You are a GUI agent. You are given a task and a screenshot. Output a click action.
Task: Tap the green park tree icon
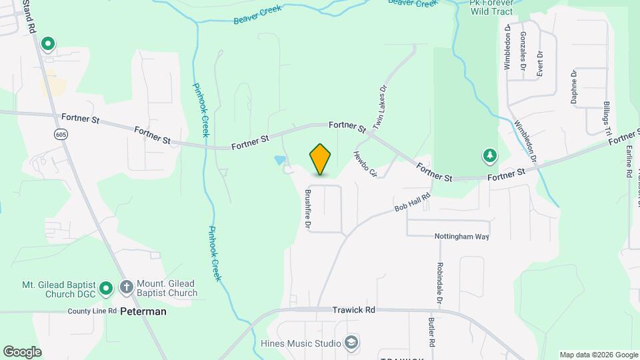click(490, 155)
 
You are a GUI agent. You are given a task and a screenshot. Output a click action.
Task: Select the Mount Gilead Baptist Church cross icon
click(126, 287)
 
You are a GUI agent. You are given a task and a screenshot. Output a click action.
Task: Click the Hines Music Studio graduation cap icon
click(351, 343)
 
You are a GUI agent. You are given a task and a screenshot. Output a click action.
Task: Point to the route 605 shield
click(61, 135)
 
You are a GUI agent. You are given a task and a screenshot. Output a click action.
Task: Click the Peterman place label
click(143, 311)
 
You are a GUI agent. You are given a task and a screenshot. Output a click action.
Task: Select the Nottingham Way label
click(462, 237)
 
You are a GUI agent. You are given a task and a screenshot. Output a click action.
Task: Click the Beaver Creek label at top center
click(257, 15)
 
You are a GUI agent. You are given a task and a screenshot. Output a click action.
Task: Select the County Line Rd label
click(92, 311)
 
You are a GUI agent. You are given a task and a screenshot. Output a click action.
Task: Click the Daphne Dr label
click(573, 87)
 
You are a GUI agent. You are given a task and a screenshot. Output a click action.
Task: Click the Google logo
click(22, 352)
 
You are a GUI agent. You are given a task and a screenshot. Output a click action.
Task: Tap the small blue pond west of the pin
click(280, 160)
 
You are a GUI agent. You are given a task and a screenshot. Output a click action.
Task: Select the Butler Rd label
click(431, 331)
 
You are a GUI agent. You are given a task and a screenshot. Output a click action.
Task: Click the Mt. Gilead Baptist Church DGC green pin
click(105, 289)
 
